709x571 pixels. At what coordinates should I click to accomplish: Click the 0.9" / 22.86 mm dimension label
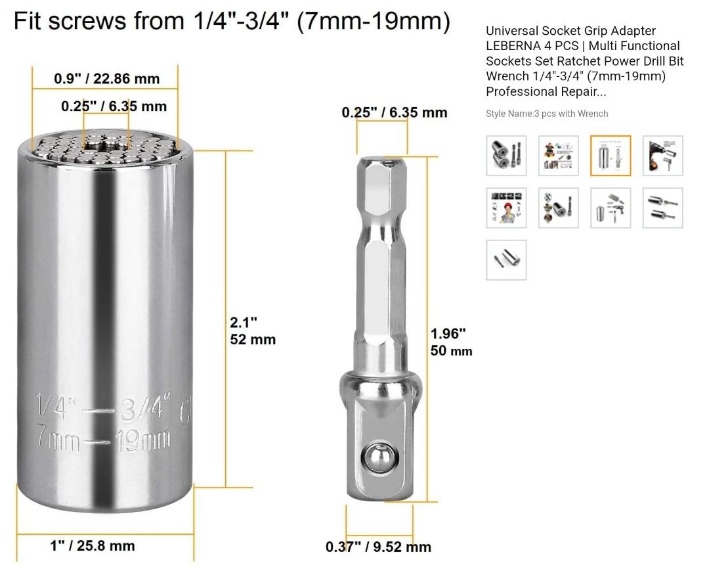pyautogui.click(x=106, y=79)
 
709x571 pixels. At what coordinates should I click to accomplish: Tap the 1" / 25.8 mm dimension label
pyautogui.click(x=93, y=545)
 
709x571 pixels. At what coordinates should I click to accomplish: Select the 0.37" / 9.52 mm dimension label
pyautogui.click(x=378, y=547)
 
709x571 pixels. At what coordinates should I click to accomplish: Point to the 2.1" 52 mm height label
pyautogui.click(x=252, y=331)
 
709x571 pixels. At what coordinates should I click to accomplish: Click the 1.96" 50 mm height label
pyautogui.click(x=451, y=342)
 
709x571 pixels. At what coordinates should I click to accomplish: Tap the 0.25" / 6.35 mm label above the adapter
pyautogui.click(x=394, y=112)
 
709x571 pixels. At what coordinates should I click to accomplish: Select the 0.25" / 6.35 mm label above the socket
pyautogui.click(x=114, y=106)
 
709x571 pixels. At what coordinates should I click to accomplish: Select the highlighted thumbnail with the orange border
pyautogui.click(x=611, y=156)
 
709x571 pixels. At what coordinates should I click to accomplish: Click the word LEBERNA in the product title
pyautogui.click(x=515, y=46)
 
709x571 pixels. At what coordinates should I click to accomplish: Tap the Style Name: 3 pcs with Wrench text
pyautogui.click(x=546, y=114)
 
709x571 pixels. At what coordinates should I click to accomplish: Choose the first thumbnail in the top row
pyautogui.click(x=506, y=156)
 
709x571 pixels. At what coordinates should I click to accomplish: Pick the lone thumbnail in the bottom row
pyautogui.click(x=506, y=260)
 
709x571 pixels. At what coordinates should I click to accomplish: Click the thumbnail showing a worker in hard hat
pyautogui.click(x=506, y=208)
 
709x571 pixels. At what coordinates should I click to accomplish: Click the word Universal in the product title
pyautogui.click(x=512, y=31)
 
